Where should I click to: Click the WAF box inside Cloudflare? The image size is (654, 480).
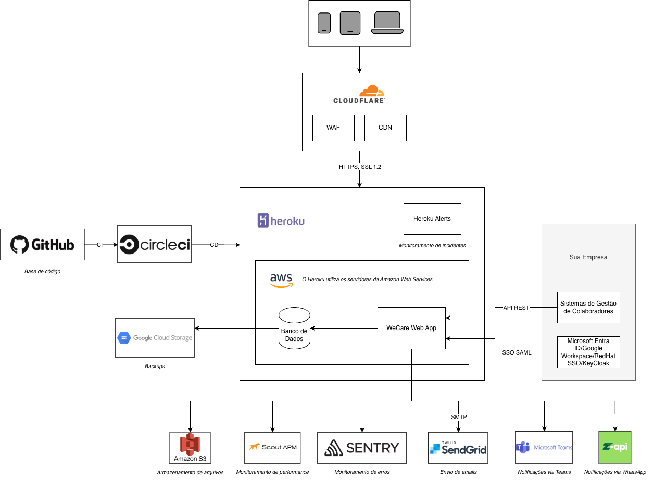(333, 128)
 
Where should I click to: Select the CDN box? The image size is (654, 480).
(385, 128)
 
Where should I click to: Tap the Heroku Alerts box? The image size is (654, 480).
(432, 219)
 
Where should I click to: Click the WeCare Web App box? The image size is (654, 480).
(411, 328)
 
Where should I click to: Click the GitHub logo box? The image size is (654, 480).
(42, 244)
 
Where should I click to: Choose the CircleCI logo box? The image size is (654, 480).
(155, 244)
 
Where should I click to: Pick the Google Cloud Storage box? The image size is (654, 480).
(155, 338)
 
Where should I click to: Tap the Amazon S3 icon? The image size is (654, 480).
(190, 447)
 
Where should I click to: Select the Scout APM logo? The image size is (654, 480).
(272, 447)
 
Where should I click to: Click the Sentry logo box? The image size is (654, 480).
(362, 447)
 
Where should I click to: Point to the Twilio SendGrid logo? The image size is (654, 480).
(458, 447)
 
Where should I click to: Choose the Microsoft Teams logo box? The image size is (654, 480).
(544, 447)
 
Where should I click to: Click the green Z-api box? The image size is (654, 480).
(615, 447)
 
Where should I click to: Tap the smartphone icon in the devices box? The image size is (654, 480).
(324, 23)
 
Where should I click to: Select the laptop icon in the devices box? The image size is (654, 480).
(387, 23)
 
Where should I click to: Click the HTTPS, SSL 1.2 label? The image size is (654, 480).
(360, 167)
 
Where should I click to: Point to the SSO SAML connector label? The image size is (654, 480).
(517, 352)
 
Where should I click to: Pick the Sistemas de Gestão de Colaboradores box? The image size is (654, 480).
(588, 307)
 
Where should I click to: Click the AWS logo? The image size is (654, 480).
(281, 281)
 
